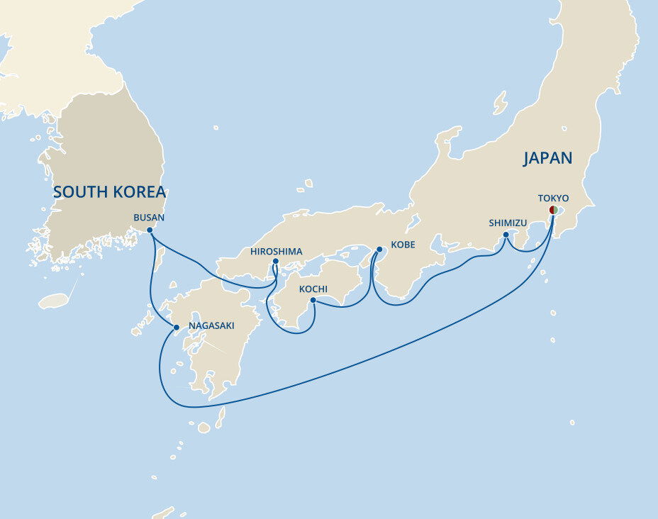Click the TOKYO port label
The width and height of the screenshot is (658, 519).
[x=553, y=198]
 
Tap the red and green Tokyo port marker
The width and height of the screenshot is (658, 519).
[x=553, y=210]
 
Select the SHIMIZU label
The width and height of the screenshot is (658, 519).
[x=508, y=223]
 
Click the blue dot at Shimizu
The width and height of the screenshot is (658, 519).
[x=506, y=235]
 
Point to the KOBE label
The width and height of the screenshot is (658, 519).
[x=401, y=245]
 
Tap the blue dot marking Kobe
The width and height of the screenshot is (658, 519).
[x=379, y=250]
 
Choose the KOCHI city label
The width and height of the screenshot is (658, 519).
[x=313, y=289]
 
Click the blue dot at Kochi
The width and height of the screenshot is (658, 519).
[x=313, y=300]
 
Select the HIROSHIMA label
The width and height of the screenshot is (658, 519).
[x=277, y=252]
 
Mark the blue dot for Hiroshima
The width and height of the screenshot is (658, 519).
[x=275, y=262]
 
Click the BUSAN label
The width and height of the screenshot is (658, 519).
[x=149, y=218]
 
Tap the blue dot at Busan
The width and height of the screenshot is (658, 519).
[x=150, y=230]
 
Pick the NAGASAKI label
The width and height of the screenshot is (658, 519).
[x=211, y=326]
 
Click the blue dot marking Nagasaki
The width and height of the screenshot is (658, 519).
[x=177, y=327]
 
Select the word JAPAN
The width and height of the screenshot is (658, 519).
[x=547, y=158]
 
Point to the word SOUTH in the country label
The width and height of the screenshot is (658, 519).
[x=77, y=192]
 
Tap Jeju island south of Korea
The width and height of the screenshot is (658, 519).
[x=52, y=301]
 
